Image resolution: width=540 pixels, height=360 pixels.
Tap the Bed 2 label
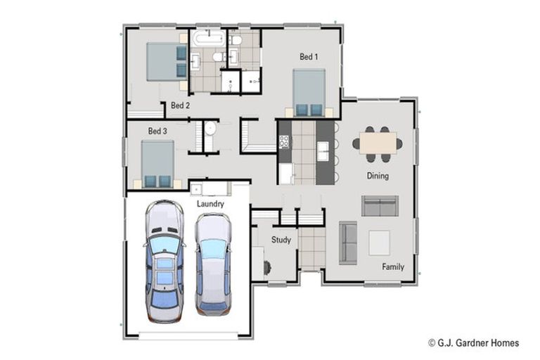tap(180, 105)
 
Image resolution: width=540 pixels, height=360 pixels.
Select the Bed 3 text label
tap(157, 131)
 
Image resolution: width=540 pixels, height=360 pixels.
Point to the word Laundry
tap(210, 204)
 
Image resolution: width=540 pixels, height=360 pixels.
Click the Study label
tap(281, 240)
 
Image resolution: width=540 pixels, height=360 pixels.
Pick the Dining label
tap(377, 176)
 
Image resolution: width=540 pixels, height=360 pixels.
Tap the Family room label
tap(392, 266)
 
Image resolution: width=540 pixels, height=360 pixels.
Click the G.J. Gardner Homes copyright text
tap(473, 343)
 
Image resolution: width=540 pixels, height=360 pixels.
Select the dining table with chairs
tap(378, 141)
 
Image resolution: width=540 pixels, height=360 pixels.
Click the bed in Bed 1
tap(309, 91)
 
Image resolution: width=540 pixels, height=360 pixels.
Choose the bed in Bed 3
tap(157, 163)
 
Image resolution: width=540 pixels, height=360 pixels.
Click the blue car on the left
tap(164, 259)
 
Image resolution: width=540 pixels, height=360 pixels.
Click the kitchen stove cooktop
tap(284, 142)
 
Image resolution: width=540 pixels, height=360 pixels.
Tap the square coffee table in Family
tap(379, 243)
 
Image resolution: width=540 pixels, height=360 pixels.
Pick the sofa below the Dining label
tap(379, 205)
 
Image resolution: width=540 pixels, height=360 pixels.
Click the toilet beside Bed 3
tap(209, 129)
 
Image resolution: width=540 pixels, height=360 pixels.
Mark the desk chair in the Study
tap(266, 267)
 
